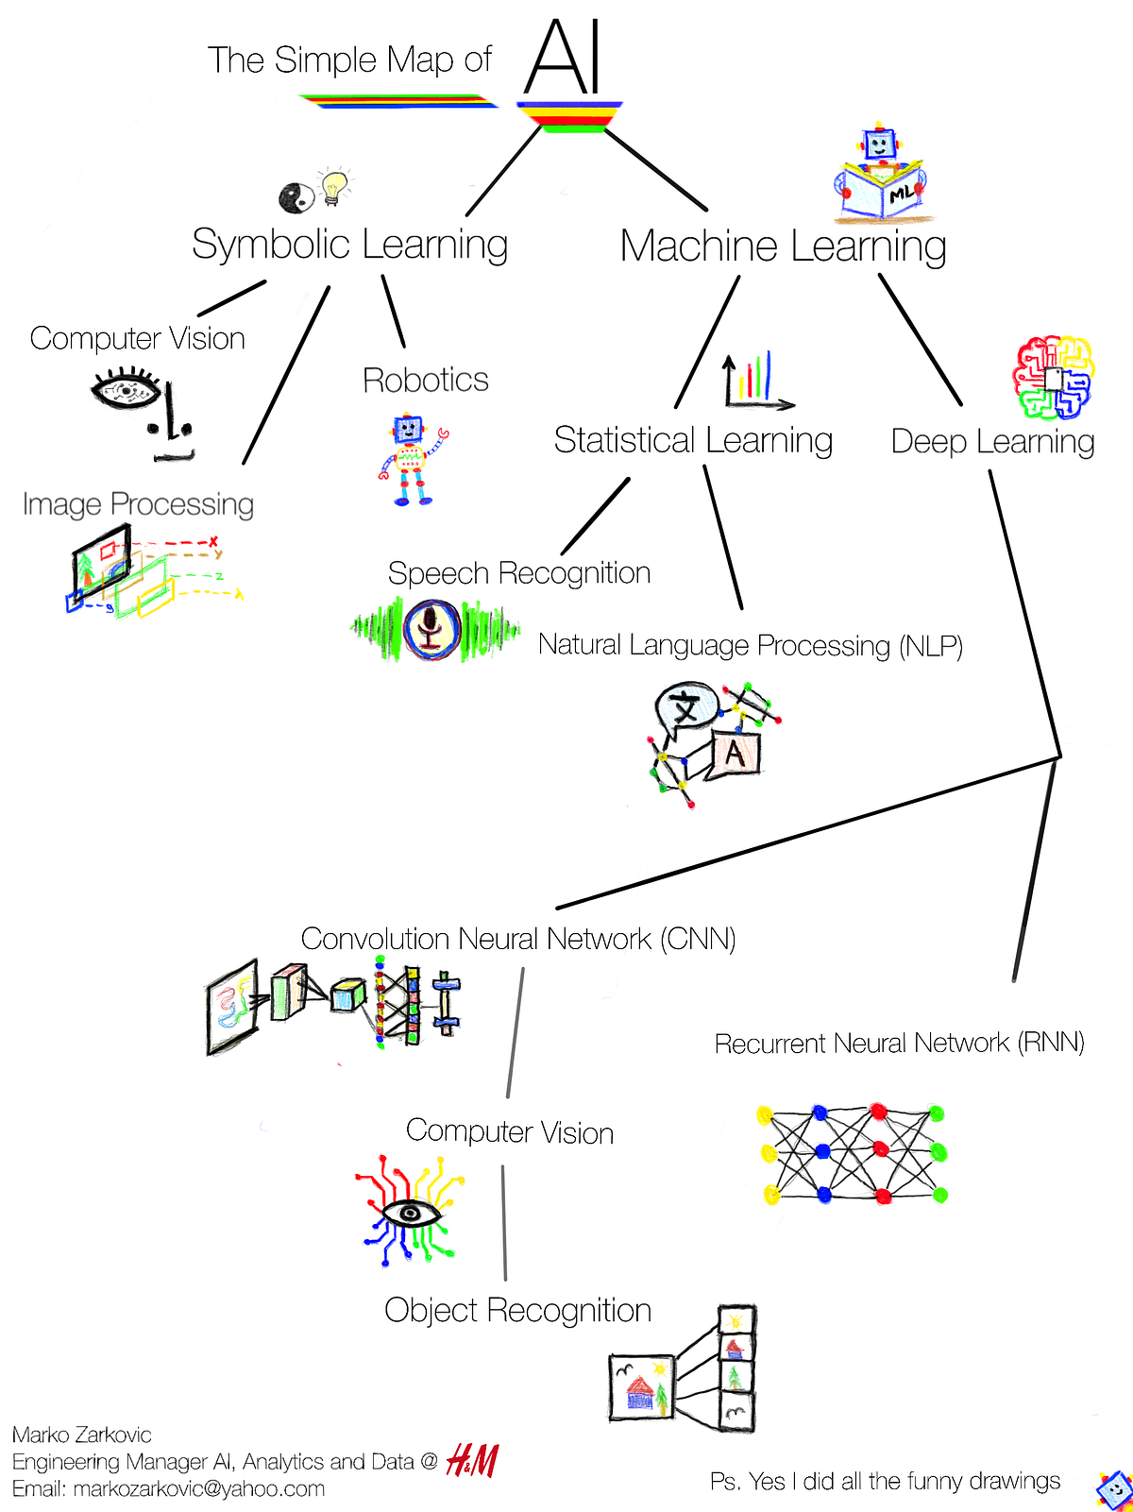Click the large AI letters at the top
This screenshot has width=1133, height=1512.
click(564, 59)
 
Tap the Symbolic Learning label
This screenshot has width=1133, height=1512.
click(349, 244)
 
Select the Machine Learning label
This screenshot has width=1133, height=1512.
click(783, 246)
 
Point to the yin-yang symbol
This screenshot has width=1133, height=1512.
click(296, 196)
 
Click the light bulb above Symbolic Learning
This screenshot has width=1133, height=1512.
click(332, 186)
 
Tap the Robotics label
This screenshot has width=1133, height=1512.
click(425, 380)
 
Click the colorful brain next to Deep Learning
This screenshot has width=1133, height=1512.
click(1053, 378)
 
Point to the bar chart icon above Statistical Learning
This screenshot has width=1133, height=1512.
click(753, 381)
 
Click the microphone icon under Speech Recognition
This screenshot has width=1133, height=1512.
click(431, 629)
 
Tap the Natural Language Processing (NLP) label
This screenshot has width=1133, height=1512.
click(750, 646)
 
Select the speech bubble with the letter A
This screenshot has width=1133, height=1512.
click(734, 754)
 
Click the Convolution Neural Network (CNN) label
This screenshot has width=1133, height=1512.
click(517, 939)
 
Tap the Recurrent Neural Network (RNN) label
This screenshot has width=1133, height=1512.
click(899, 1043)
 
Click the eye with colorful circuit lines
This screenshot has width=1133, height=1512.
click(410, 1210)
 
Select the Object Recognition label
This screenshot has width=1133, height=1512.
click(517, 1310)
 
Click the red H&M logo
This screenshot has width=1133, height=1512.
click(472, 1461)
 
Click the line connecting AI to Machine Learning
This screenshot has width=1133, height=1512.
click(655, 169)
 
